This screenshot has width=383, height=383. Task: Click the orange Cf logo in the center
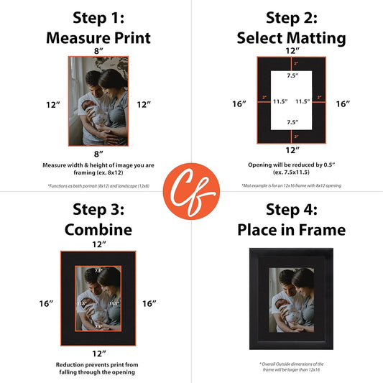coord(191,192)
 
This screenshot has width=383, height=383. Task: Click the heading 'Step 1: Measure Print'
coord(98,27)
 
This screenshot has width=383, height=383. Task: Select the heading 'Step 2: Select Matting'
coord(291,27)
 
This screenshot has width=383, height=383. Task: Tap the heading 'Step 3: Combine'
coord(98,219)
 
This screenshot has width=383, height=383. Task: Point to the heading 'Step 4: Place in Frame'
coord(291,219)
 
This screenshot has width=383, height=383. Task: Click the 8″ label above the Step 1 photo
coord(98,51)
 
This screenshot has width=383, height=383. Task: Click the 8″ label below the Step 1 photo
coord(98,154)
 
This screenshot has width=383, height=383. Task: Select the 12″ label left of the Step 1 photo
coord(53,105)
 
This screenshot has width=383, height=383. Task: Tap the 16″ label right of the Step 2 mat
coord(343,104)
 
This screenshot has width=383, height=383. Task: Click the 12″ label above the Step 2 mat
coord(292,51)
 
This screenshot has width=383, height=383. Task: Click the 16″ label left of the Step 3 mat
coord(47,304)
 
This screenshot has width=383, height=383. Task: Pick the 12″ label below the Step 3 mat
coord(98,353)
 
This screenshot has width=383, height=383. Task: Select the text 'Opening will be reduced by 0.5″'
coord(292,164)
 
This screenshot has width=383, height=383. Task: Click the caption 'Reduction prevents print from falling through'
coord(98,369)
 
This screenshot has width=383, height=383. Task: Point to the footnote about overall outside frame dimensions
coord(292,367)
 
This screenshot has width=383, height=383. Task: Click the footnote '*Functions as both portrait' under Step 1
coord(98,186)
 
